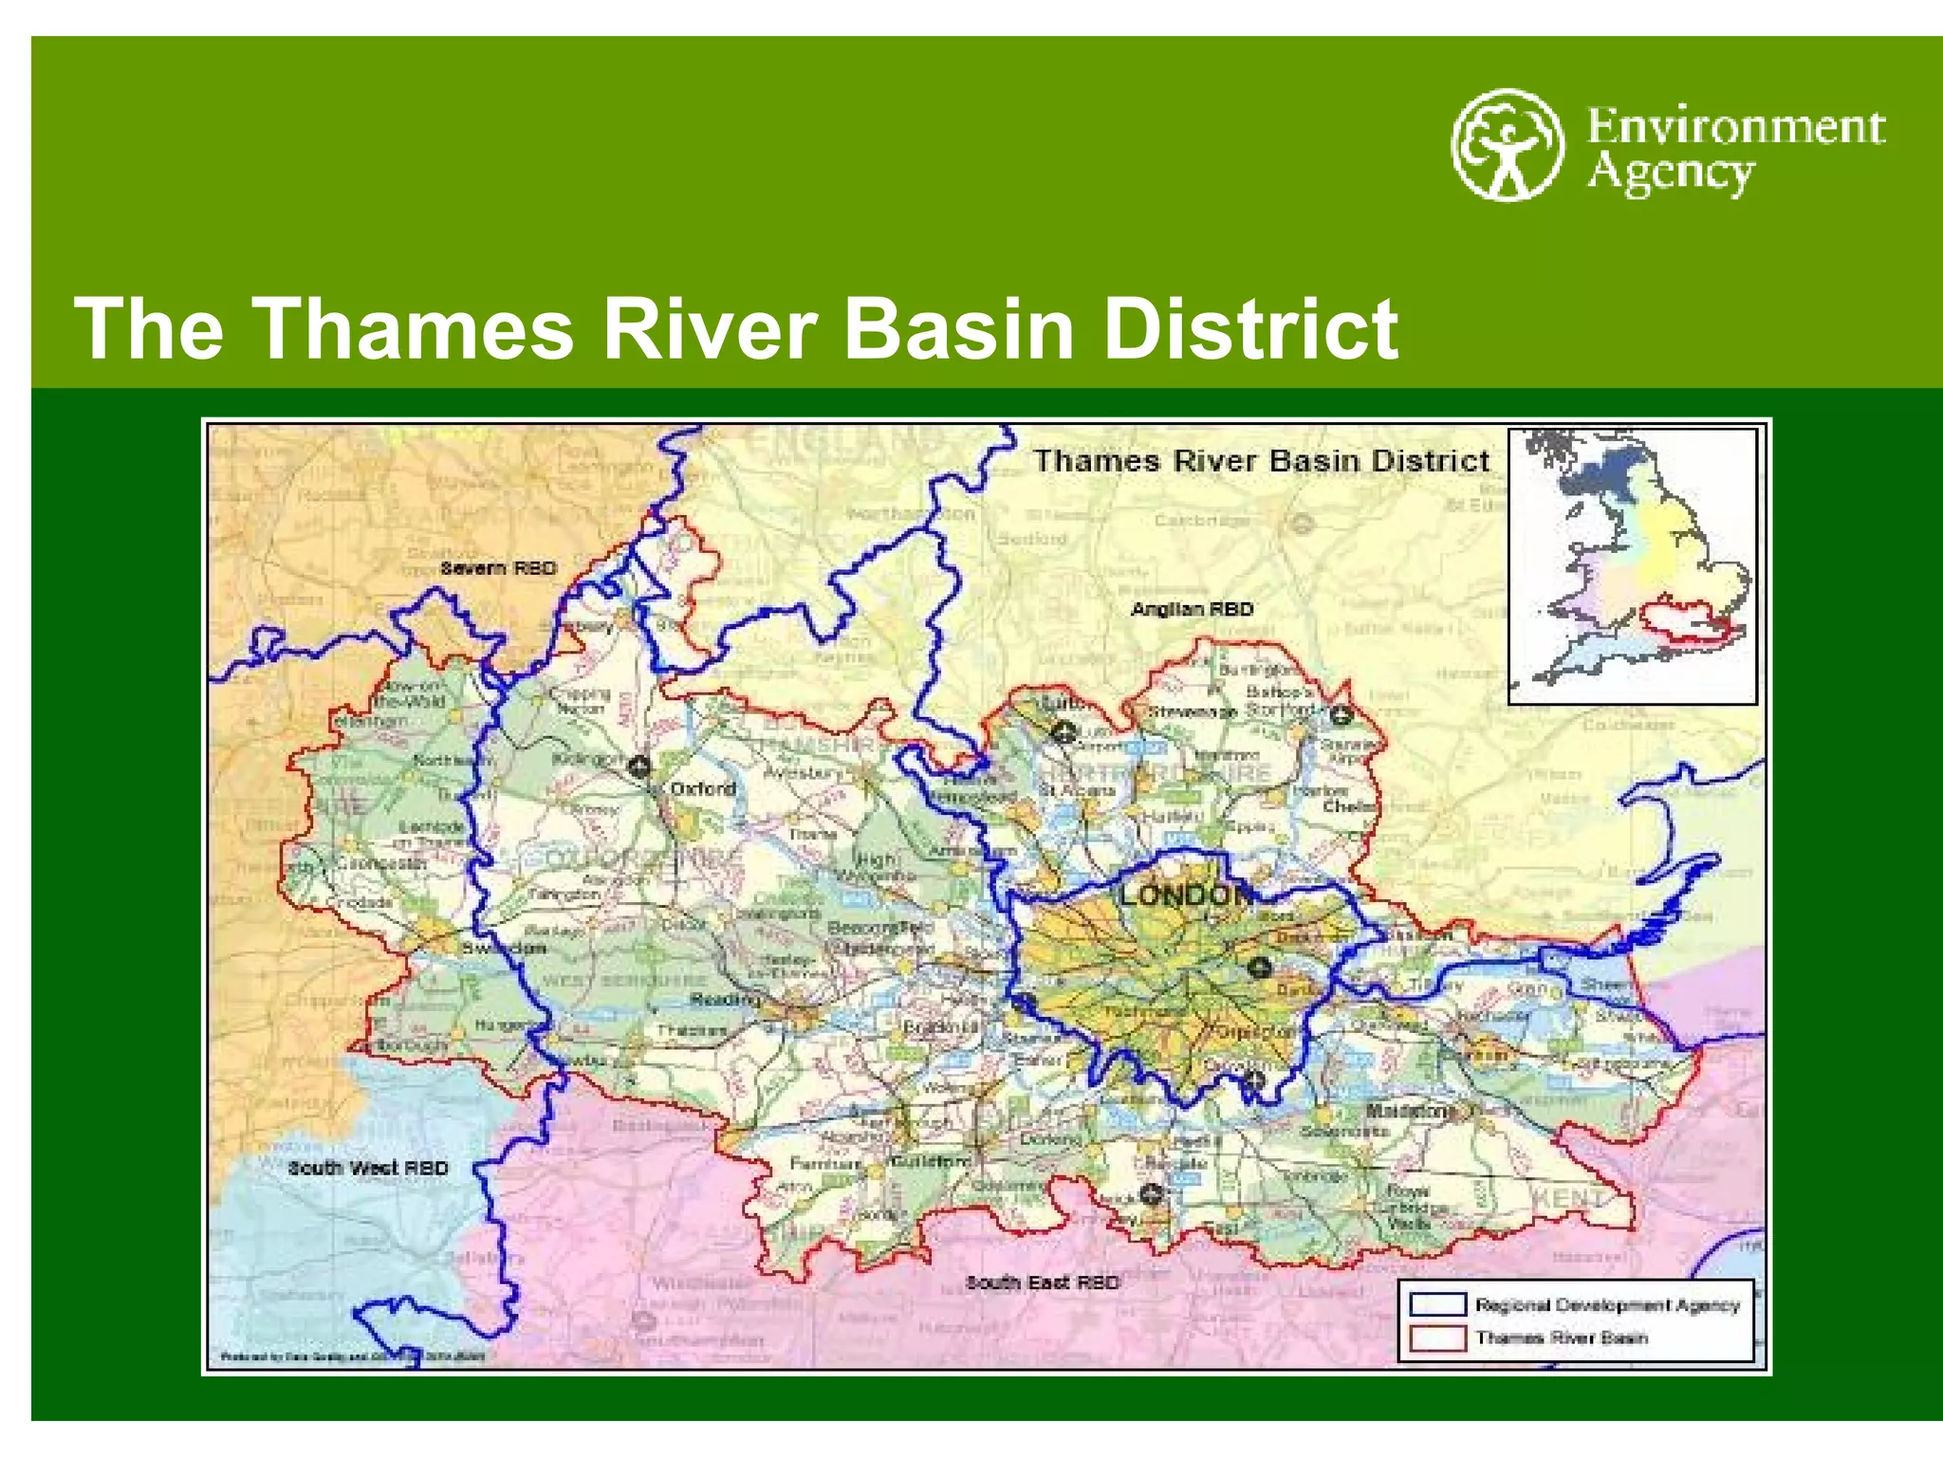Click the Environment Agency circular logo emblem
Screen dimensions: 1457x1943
(x=1507, y=145)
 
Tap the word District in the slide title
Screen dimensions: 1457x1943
(x=1250, y=328)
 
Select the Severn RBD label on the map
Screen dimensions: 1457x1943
(x=497, y=568)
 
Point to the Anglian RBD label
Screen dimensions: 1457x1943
(x=1192, y=609)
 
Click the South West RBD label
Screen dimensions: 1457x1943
(x=368, y=1168)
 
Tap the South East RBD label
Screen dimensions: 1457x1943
(x=1043, y=1282)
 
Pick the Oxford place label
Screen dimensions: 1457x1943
(x=703, y=788)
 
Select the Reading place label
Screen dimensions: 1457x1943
(x=725, y=999)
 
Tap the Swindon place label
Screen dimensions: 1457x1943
(x=503, y=949)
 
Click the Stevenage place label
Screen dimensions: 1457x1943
(x=1193, y=711)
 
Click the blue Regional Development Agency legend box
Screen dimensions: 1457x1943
(x=1437, y=1304)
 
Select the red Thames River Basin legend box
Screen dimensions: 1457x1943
(x=1437, y=1337)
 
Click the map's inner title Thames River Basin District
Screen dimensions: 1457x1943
(x=1262, y=461)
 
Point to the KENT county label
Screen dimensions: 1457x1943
(x=1569, y=1198)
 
